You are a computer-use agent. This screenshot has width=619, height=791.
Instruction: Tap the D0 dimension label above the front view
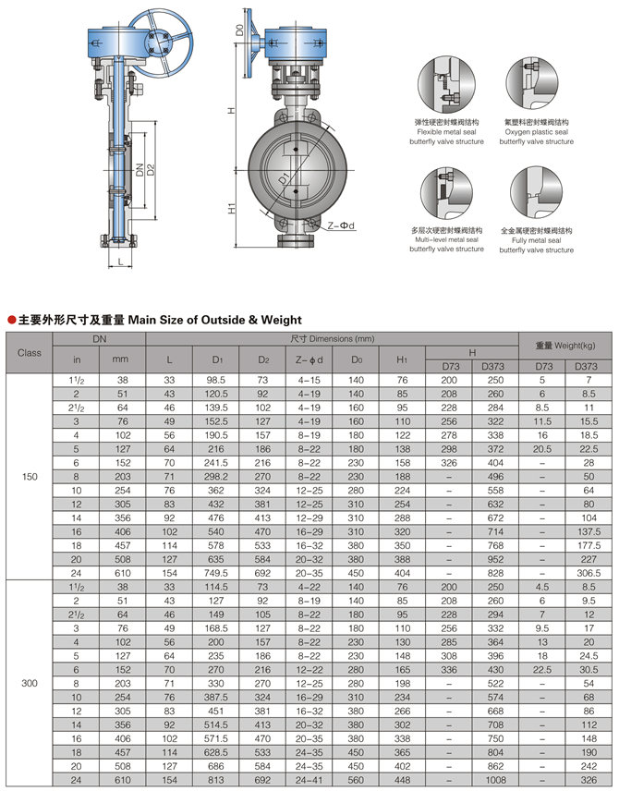pos(238,30)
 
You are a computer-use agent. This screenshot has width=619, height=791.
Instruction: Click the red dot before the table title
pos(11,320)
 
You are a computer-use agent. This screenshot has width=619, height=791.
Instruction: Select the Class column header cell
pos(30,353)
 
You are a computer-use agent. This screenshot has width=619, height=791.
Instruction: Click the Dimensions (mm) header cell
pos(332,338)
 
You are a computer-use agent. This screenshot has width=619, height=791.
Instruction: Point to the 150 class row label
pos(30,476)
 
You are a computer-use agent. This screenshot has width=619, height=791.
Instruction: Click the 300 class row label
pos(30,685)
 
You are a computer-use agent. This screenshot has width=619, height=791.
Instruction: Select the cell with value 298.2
pos(217,476)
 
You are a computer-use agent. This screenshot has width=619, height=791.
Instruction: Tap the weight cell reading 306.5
pos(588,573)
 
